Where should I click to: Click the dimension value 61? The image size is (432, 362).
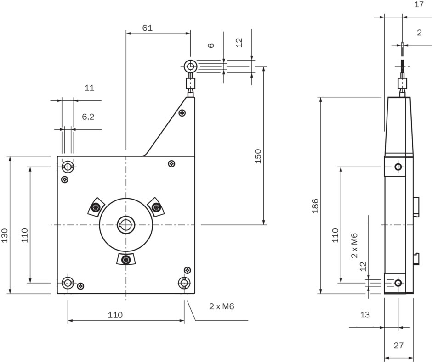click(x=147, y=28)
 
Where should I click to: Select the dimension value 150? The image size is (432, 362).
click(x=258, y=156)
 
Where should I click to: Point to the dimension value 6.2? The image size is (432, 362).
click(x=88, y=117)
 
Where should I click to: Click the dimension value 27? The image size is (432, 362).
click(x=399, y=345)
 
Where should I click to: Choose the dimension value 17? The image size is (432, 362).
click(x=419, y=5)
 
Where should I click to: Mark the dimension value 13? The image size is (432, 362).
click(x=364, y=315)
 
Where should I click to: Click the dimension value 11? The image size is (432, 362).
click(x=89, y=88)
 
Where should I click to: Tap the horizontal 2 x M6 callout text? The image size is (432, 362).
click(x=222, y=306)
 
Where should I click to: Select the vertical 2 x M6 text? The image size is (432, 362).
click(x=354, y=246)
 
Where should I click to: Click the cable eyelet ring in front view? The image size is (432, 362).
click(x=190, y=67)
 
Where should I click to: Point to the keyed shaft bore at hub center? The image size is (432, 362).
click(x=125, y=225)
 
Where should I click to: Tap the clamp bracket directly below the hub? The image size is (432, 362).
click(x=126, y=260)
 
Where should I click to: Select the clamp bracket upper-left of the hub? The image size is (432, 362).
click(x=95, y=207)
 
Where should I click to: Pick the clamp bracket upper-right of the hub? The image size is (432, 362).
click(x=156, y=207)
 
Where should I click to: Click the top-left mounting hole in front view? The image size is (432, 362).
click(x=68, y=166)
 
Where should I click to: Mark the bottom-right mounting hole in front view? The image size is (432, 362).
click(x=184, y=283)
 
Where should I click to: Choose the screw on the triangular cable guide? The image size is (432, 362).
click(x=182, y=113)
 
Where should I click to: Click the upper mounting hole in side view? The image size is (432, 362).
click(x=398, y=167)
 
